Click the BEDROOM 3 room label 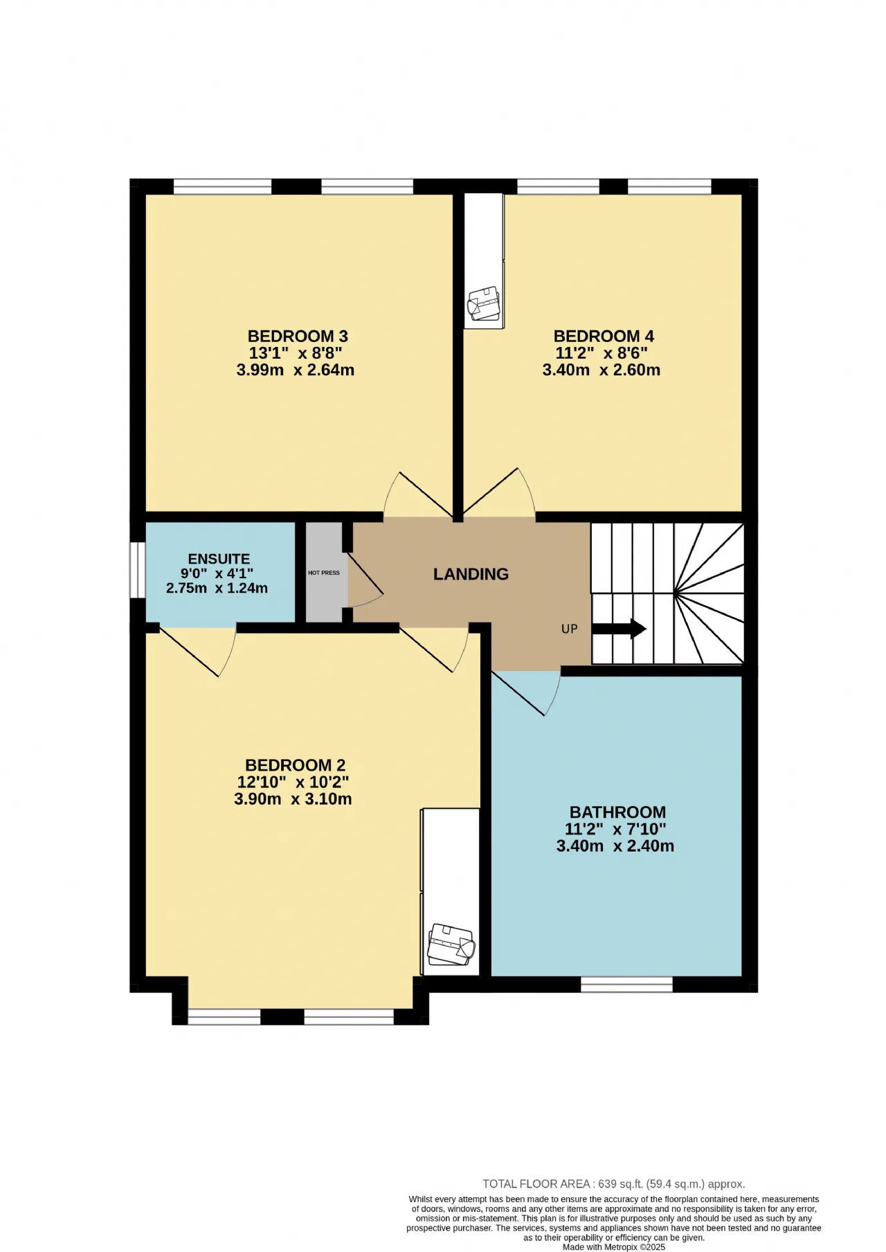click(298, 337)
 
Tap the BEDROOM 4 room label click(604, 337)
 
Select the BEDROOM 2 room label click(295, 765)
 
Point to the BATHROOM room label click(617, 812)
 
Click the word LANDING click(471, 574)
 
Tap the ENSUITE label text click(219, 559)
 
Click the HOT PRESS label click(324, 573)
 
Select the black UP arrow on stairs click(619, 629)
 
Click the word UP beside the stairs click(569, 629)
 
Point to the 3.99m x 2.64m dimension click(296, 370)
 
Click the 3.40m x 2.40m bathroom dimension click(615, 846)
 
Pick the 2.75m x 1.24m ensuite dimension click(217, 588)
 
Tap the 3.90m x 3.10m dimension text click(293, 799)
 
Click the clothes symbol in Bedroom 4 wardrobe click(484, 303)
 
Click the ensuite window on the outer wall click(138, 570)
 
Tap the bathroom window click(626, 984)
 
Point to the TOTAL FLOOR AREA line click(613, 1184)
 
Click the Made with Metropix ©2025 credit click(614, 1247)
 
